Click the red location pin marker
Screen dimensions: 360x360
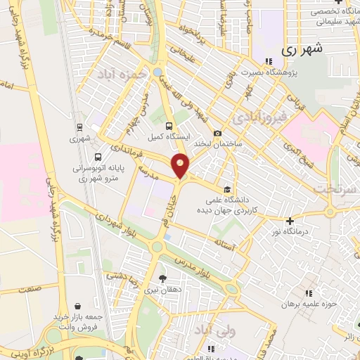[181, 165]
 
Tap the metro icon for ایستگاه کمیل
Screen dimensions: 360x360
[167, 125]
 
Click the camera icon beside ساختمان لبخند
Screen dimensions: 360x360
[218, 134]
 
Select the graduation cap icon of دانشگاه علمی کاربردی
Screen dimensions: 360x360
[226, 189]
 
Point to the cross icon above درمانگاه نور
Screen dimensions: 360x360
[289, 220]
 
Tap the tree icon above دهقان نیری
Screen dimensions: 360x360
[163, 278]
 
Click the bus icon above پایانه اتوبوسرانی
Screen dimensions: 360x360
[98, 157]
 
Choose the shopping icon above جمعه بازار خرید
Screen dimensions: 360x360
[77, 307]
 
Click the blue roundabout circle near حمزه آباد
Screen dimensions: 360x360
[157, 72]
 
